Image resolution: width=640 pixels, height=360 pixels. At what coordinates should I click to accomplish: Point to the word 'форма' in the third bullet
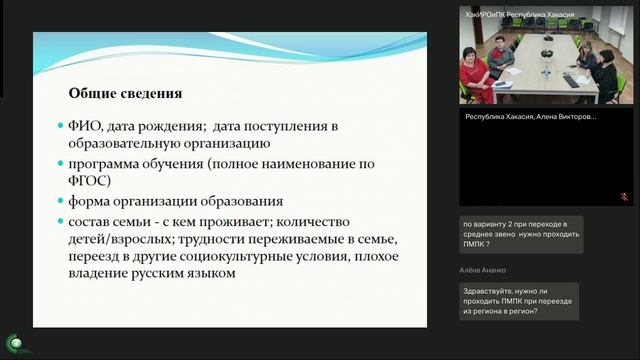point(90,201)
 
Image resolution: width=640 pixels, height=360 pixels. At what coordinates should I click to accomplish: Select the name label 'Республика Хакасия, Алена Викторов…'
point(531,116)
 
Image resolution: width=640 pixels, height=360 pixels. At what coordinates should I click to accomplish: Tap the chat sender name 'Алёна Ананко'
point(484,270)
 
